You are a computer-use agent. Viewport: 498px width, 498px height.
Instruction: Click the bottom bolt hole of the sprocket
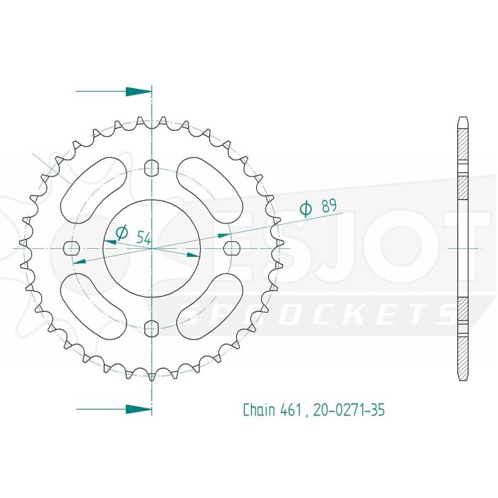(x=151, y=327)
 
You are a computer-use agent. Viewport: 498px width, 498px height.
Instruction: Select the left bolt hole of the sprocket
(x=71, y=248)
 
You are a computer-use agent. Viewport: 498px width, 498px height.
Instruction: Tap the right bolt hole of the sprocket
(x=231, y=248)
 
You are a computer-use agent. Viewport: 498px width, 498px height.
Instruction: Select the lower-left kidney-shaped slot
(x=92, y=307)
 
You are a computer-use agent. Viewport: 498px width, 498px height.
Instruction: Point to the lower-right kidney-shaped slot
(x=210, y=307)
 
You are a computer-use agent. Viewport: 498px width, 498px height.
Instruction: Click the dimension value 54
(x=143, y=238)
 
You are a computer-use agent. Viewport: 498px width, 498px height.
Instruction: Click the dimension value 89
(x=329, y=207)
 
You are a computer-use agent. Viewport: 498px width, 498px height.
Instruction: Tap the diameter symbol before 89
(x=306, y=208)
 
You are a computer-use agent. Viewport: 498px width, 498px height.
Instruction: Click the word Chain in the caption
(x=259, y=410)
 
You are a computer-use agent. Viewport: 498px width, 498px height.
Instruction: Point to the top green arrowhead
(x=138, y=92)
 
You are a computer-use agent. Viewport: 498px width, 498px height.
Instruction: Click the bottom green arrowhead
(x=138, y=409)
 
